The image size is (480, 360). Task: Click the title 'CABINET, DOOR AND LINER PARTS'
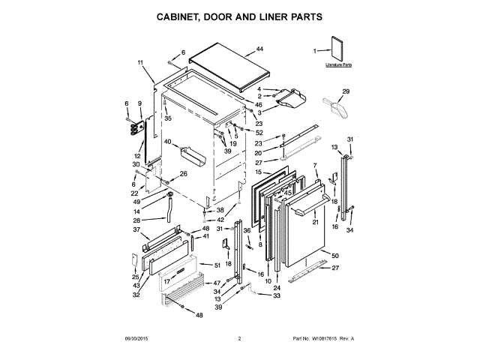point(239,16)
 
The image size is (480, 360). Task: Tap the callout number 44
point(259,49)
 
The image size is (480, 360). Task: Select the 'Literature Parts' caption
point(339,66)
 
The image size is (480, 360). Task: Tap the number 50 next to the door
point(335,256)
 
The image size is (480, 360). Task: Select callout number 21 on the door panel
point(316,222)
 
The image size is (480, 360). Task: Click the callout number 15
point(256,172)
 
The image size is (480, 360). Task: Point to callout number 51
point(217,265)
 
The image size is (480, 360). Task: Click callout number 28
point(136,220)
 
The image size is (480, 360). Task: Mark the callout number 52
point(259,132)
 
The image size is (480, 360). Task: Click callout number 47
point(217,283)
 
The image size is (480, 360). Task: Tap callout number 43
point(136,286)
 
